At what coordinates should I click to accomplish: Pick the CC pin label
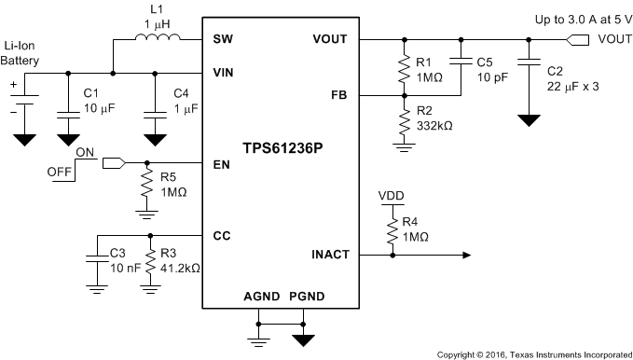221,235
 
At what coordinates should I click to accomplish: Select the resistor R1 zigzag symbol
404,68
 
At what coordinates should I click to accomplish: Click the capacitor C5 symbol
460,67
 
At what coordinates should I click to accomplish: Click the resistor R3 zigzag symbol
150,260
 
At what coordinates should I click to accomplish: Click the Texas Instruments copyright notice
533,354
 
